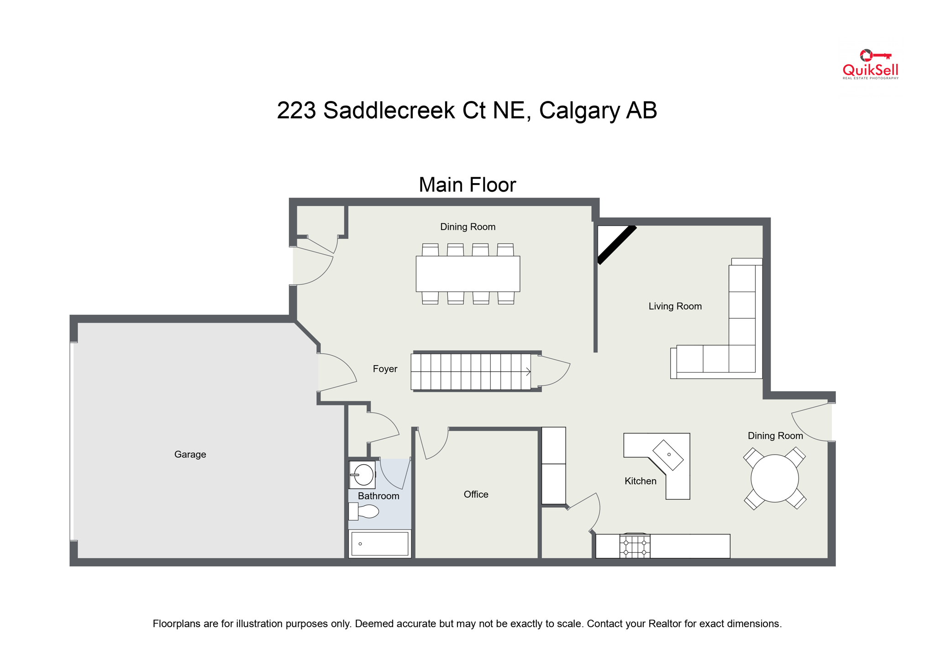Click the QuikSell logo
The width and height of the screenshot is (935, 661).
870,65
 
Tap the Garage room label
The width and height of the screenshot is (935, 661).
190,454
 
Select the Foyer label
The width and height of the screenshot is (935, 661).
385,369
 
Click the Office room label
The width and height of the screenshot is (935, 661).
476,494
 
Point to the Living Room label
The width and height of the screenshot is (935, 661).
675,306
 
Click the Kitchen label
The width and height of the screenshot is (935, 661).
640,481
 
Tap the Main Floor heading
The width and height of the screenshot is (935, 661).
467,185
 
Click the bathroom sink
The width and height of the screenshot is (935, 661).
363,475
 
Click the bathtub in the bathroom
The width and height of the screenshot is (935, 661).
379,544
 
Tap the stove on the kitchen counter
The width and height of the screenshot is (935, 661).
635,546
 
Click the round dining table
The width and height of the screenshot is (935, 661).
774,478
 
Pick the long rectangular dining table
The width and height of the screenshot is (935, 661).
467,274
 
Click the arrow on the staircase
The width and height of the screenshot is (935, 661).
528,372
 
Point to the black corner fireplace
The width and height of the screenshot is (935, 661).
616,245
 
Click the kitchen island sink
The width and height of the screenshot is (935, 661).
668,455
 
